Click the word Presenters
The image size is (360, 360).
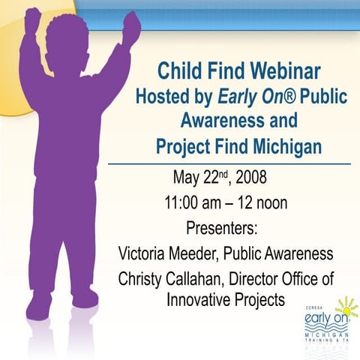[221, 227]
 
